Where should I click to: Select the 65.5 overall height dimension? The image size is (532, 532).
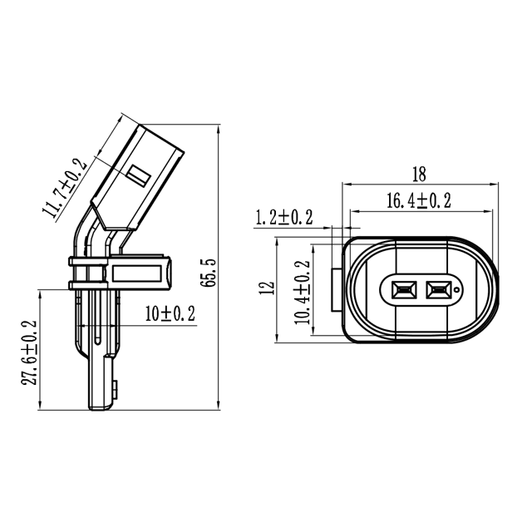[x=209, y=272]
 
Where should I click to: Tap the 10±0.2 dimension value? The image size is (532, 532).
[x=170, y=313]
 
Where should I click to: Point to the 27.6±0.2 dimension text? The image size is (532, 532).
[x=30, y=352]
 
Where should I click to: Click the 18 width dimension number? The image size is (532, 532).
[x=418, y=174]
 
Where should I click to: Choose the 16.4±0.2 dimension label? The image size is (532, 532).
[x=418, y=200]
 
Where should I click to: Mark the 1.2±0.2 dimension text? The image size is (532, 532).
[x=283, y=218]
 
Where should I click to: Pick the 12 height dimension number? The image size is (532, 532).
[x=267, y=288]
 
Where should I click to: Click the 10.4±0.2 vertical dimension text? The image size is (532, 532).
[x=302, y=290]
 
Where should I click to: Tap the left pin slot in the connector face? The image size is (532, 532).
[x=398, y=290]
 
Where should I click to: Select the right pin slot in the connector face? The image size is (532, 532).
[x=437, y=290]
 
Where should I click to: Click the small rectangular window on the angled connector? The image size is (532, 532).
[x=138, y=175]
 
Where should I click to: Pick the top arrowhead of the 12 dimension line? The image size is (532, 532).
[x=277, y=240]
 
